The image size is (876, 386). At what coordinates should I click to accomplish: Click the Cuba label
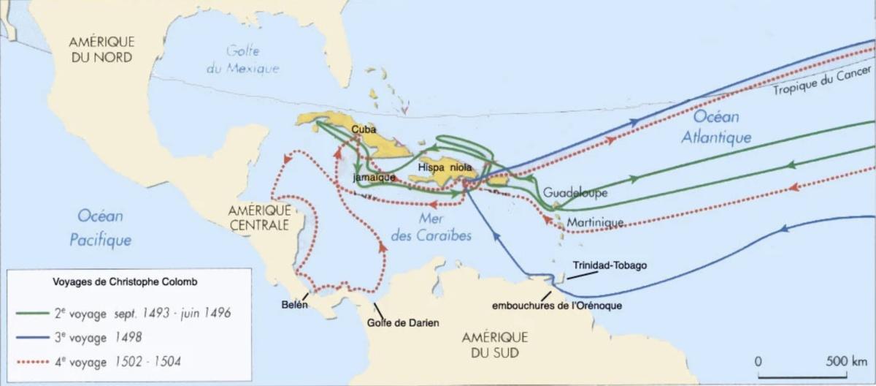364,129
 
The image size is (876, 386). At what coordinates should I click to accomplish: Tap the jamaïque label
373,178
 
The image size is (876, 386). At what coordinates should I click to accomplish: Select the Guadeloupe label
575,193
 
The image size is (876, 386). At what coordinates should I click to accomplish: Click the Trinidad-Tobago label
610,266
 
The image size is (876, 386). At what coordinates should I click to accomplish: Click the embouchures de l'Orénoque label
557,306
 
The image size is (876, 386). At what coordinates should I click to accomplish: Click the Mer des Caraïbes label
431,227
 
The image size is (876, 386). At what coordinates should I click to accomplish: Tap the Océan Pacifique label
101,227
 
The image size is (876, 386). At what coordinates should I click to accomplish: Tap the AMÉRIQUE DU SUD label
495,345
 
